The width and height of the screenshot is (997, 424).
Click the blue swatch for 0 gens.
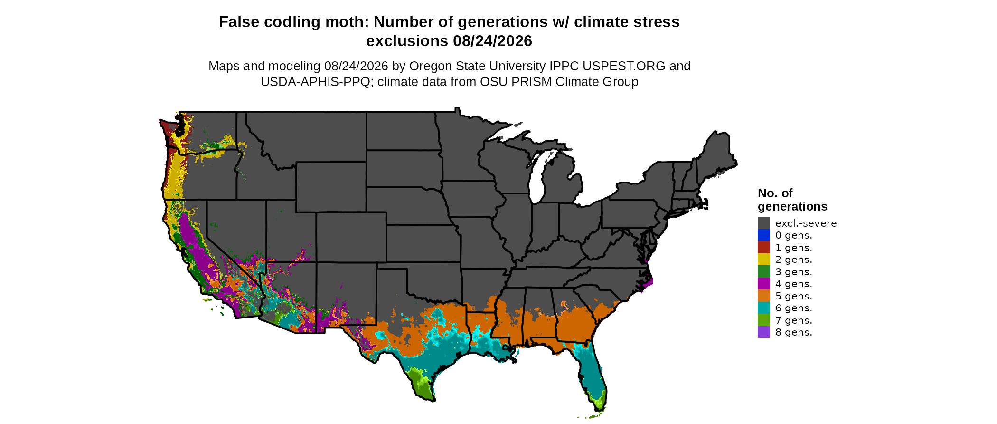pos(764,235)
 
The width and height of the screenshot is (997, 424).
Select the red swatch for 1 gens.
pos(764,248)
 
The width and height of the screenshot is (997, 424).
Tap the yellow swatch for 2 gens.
pos(764,260)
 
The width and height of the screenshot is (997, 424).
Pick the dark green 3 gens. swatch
pos(764,272)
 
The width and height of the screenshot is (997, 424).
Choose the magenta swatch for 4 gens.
pos(764,284)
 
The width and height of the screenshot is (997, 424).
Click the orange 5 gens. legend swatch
pos(764,296)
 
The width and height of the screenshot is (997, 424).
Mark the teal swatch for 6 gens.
pos(764,308)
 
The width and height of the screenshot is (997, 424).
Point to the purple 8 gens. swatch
pos(764,332)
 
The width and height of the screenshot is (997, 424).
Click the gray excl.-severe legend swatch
pos(764,223)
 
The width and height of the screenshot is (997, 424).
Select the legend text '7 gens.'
pos(794,320)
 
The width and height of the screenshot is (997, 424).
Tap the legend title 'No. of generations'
pos(792,200)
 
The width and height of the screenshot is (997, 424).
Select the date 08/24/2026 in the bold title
pos(492,41)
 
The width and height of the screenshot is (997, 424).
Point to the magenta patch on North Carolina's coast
pos(648,283)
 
